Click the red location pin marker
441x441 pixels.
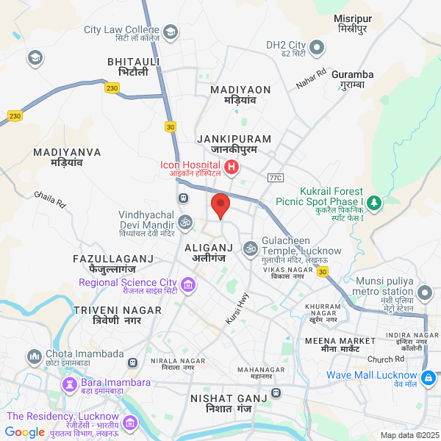[x=220, y=204]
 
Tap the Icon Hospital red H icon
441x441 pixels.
[x=232, y=168]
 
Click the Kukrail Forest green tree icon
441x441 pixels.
[x=374, y=201]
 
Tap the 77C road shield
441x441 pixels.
[x=276, y=178]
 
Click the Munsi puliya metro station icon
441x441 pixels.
[x=425, y=294]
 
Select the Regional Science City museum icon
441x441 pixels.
[x=188, y=283]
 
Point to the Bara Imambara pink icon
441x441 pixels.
[x=71, y=384]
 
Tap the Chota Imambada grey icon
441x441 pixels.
[x=34, y=358]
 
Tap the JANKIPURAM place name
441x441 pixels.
[x=234, y=138]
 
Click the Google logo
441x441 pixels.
[x=24, y=432]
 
